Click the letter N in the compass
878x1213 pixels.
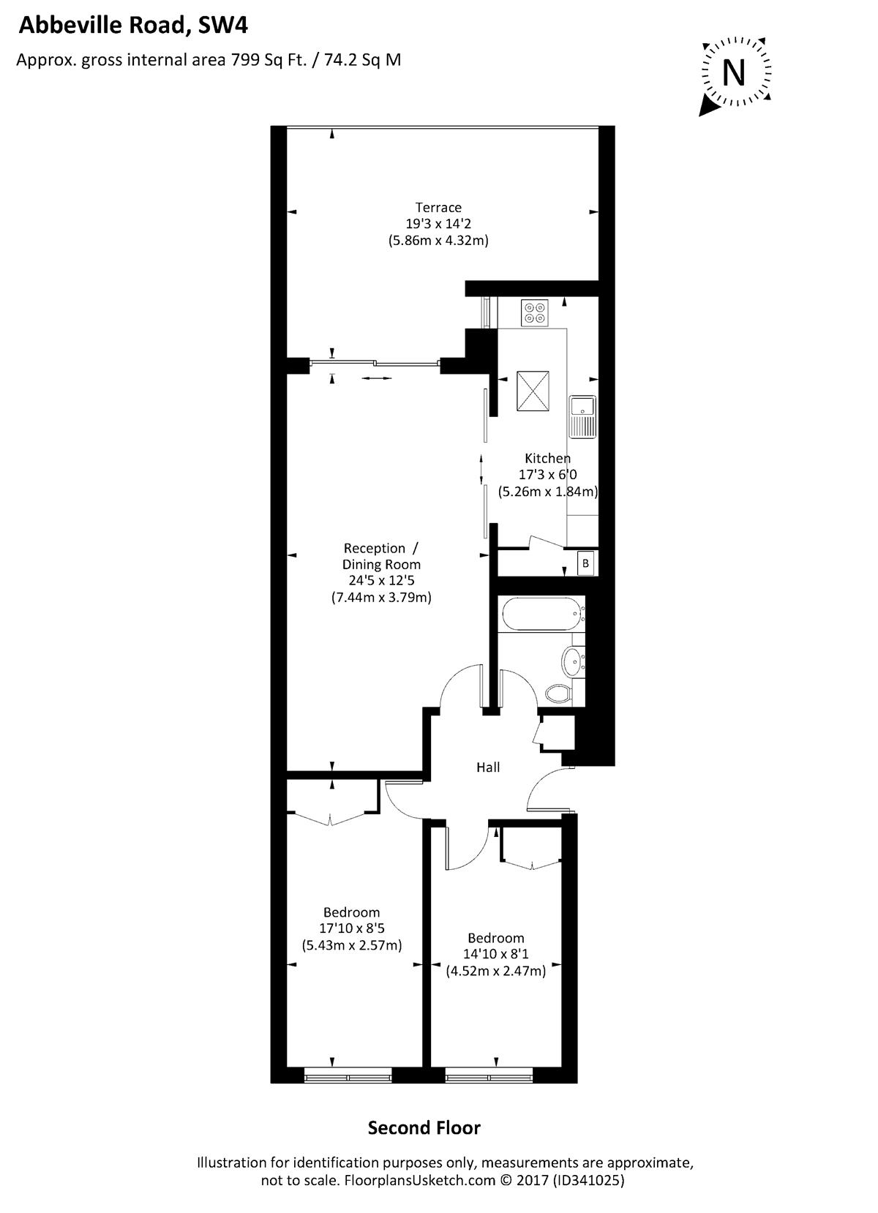(x=734, y=72)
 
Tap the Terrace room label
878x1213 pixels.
(x=438, y=207)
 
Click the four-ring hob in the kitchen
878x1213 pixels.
(x=533, y=312)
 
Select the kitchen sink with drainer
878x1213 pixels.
(x=582, y=416)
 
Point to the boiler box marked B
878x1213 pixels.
(x=585, y=563)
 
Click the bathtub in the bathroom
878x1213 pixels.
(x=541, y=613)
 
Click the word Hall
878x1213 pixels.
(x=488, y=767)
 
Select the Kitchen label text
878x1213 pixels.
(x=547, y=458)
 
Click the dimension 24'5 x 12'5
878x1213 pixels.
(x=381, y=580)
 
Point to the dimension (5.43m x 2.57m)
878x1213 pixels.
(x=352, y=945)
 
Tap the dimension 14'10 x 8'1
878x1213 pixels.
(x=495, y=954)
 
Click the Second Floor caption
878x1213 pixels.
(x=424, y=1127)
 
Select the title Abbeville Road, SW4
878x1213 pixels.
(x=133, y=26)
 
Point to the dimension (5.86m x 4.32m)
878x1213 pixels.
(x=438, y=239)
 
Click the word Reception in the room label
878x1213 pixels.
(x=375, y=548)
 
